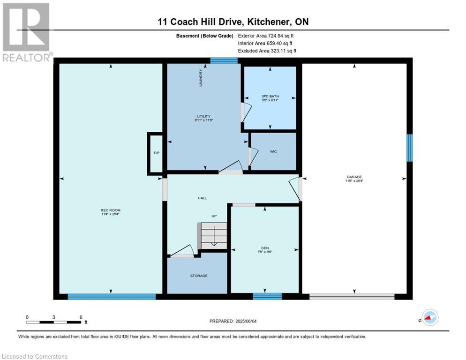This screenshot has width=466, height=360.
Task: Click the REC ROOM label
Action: click(x=110, y=210)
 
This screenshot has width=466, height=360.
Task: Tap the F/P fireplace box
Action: click(x=155, y=153)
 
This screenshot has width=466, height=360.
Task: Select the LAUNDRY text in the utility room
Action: click(x=201, y=78)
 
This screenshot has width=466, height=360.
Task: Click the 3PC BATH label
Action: click(x=270, y=96)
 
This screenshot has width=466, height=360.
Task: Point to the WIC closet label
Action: click(x=273, y=151)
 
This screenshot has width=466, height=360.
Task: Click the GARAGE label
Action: click(x=354, y=177)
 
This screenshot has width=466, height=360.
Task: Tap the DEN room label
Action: click(x=265, y=248)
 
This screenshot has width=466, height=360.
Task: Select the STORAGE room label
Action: click(x=199, y=276)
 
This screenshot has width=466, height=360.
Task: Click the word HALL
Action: click(x=202, y=198)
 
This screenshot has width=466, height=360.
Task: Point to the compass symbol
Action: click(x=430, y=317)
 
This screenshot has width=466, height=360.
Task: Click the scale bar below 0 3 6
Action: click(x=53, y=322)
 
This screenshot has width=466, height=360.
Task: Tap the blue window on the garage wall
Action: click(x=410, y=148)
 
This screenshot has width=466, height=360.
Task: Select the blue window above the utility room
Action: click(x=224, y=60)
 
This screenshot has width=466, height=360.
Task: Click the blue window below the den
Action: click(x=268, y=296)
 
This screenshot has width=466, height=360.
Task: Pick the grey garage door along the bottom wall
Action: click(x=352, y=296)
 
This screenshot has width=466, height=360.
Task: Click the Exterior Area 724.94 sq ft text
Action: click(x=266, y=36)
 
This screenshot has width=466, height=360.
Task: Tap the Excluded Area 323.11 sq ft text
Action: click(x=267, y=51)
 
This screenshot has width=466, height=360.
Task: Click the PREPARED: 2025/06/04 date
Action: click(x=233, y=321)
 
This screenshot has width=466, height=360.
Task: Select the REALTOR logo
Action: click(x=27, y=32)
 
